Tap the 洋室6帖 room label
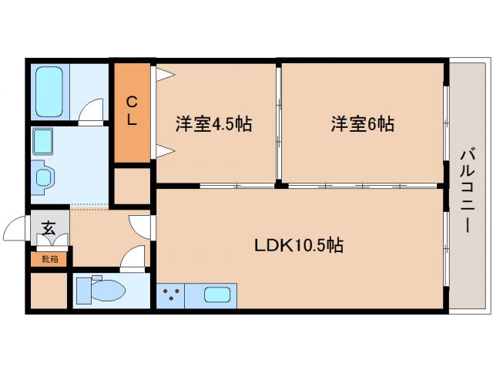(x=363, y=124)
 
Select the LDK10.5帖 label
(x=299, y=246)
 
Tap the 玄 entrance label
(x=48, y=229)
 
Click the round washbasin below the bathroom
(x=43, y=177)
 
